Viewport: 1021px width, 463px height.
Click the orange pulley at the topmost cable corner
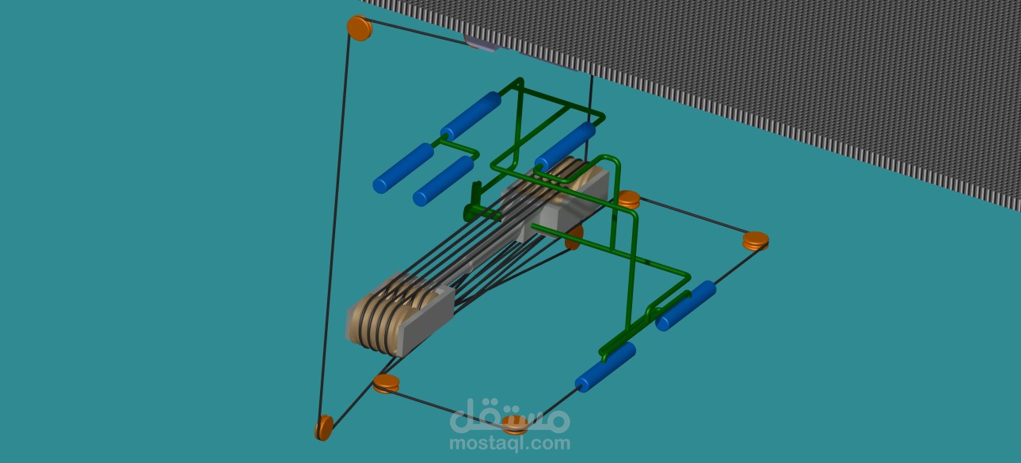360,28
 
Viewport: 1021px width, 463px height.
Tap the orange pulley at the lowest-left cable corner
324,427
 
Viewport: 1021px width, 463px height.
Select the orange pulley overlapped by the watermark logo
515,425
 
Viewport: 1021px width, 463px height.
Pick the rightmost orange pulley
756,241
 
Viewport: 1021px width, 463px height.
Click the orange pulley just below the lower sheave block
386,383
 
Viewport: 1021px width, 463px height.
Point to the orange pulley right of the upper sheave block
629,200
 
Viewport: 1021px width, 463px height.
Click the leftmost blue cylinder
403,168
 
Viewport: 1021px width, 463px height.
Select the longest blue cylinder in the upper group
470,116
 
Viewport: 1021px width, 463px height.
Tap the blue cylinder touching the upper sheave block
566,146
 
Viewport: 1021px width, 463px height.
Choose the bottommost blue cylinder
605,367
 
